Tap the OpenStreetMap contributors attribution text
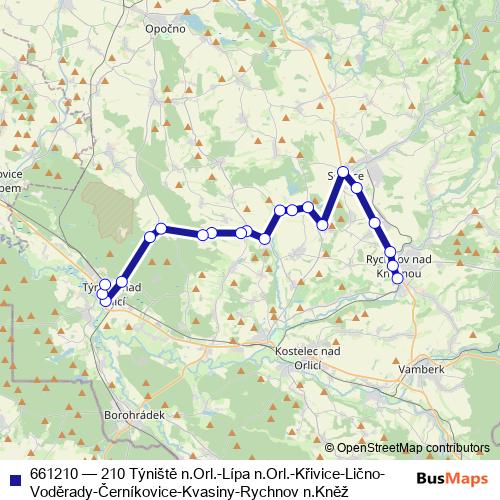413,448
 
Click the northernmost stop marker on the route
343,172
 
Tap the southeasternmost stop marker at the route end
398,279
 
